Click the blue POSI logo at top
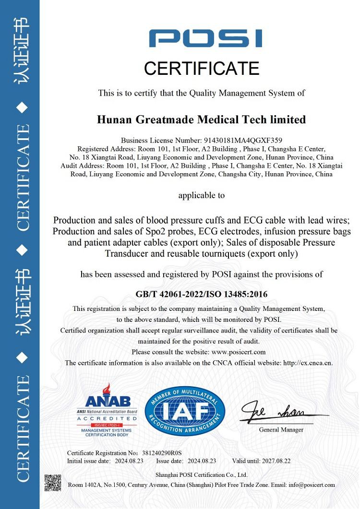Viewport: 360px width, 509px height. tap(205, 38)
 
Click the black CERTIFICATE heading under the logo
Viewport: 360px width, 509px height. tap(202, 69)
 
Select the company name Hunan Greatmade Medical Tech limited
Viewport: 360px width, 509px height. tap(201, 119)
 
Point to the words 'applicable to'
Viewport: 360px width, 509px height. tap(201, 195)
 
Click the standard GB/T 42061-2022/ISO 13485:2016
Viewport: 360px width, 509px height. tap(202, 294)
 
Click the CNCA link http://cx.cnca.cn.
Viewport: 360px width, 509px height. tap(308, 363)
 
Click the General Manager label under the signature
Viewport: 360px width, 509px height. tap(281, 430)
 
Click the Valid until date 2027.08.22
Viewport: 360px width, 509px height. tap(276, 461)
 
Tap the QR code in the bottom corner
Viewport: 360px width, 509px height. tap(53, 483)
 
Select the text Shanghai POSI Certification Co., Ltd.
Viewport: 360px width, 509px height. tap(201, 475)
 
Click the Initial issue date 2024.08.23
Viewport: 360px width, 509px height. tap(129, 461)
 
